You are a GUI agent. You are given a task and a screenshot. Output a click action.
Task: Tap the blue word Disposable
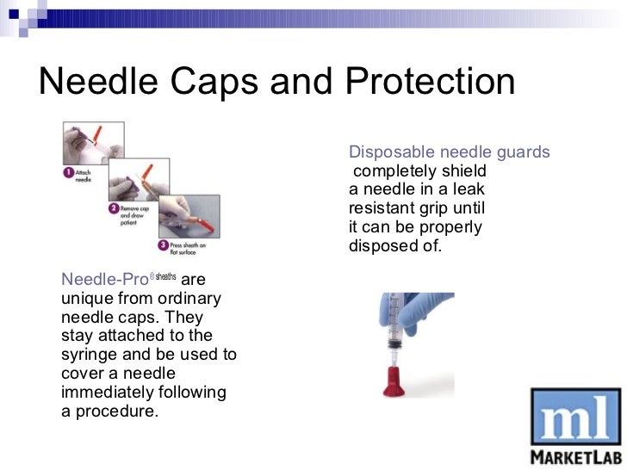coord(389,152)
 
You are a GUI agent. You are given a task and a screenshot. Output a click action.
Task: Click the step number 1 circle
coord(68,172)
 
